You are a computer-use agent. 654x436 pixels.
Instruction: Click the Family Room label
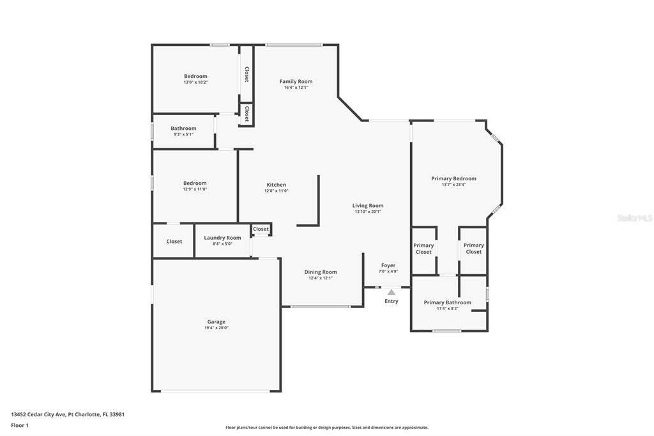(x=296, y=81)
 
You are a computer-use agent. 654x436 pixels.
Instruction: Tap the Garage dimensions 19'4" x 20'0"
(x=216, y=328)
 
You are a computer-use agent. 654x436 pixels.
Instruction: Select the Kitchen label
(x=276, y=185)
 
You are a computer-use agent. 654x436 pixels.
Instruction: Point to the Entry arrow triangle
(x=392, y=292)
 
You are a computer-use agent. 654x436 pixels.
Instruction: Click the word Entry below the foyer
(x=392, y=301)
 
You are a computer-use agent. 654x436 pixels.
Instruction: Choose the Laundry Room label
(x=222, y=238)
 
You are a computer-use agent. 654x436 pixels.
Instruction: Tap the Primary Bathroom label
(x=448, y=302)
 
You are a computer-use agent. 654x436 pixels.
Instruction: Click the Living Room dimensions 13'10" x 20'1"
(x=367, y=212)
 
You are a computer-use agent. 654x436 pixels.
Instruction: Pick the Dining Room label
(x=321, y=272)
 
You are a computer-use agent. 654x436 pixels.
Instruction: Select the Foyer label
(x=388, y=265)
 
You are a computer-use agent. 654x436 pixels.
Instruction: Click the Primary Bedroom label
(x=453, y=178)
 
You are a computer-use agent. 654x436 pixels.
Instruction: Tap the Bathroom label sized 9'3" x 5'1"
(x=183, y=128)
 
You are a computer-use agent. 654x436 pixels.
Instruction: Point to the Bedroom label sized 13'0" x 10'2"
(x=195, y=76)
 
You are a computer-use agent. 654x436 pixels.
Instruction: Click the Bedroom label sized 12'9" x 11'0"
(x=195, y=183)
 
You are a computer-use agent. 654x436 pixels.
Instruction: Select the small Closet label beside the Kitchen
(x=261, y=229)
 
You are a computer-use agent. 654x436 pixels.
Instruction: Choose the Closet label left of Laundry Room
(x=174, y=242)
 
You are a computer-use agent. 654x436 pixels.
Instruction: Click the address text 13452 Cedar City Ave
(x=38, y=414)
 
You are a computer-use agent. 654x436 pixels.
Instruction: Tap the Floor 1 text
(x=20, y=426)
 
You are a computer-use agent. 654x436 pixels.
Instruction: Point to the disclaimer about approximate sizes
(x=327, y=428)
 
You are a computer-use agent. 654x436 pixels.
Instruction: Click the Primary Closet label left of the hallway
(x=423, y=249)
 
